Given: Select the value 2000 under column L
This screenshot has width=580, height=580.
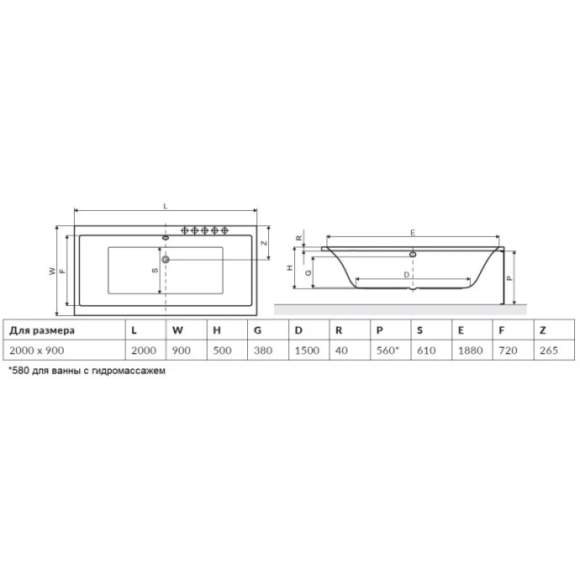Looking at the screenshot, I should pos(144,350).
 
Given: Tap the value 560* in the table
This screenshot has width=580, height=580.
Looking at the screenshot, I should pos(388,350).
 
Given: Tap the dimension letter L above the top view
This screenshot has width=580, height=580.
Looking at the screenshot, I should pos(166,205).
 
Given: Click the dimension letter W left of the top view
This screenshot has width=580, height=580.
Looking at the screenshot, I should pos(51,271).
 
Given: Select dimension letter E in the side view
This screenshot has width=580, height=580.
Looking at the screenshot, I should pos(413,231).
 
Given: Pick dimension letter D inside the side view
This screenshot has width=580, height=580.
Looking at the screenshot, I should pos(407,275).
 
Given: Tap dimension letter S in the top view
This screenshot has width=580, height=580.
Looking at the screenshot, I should pos(154,271).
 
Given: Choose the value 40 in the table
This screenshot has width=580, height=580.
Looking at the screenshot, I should pos(340,350).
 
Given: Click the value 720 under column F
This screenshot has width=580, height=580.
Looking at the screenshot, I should pos(506,350).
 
